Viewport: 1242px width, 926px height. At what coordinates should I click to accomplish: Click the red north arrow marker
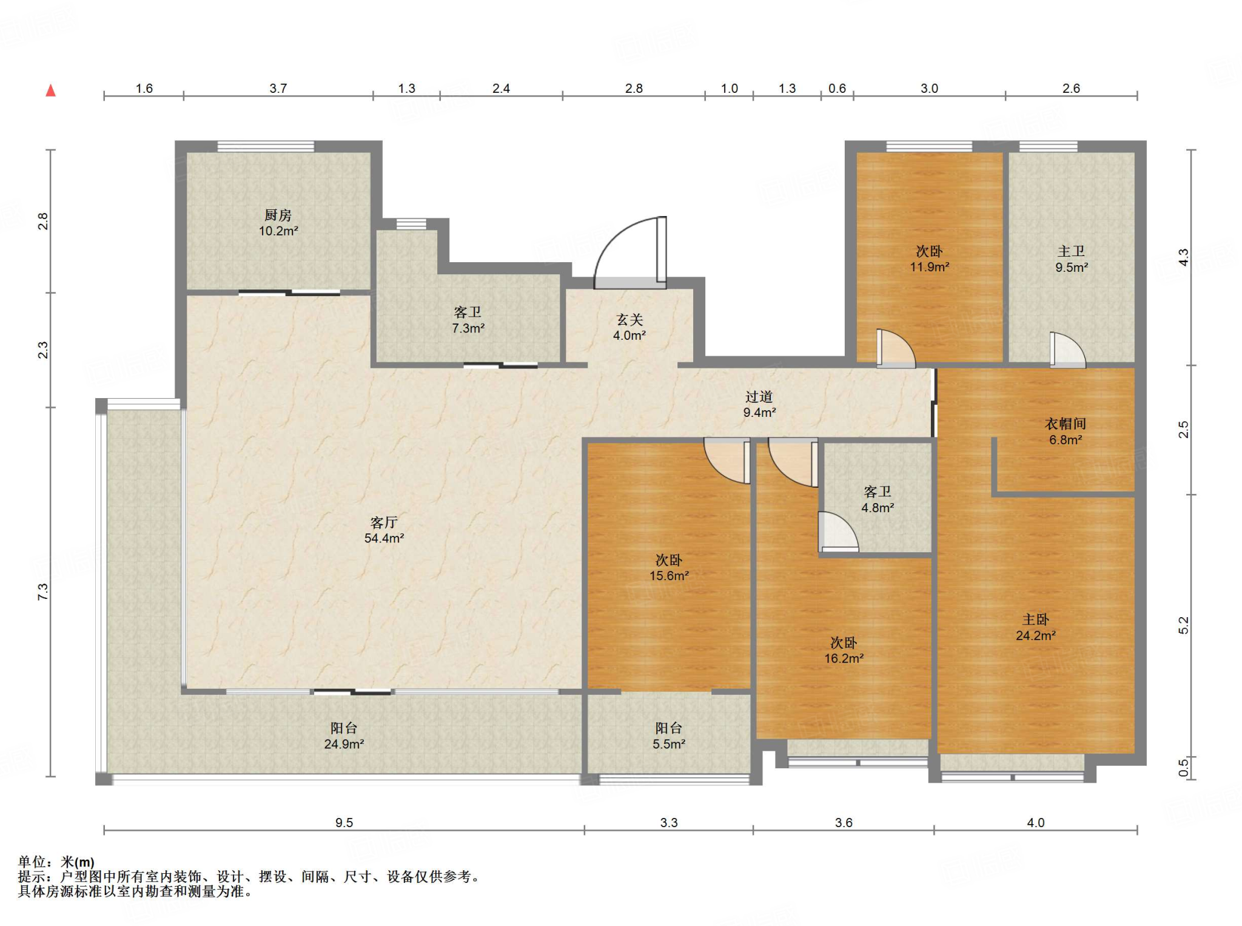click(51, 90)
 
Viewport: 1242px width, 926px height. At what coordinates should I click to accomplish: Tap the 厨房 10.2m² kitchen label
click(278, 223)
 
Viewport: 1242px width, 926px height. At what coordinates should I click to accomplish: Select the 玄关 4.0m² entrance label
click(629, 327)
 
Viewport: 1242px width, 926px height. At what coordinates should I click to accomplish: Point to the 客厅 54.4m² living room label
click(384, 530)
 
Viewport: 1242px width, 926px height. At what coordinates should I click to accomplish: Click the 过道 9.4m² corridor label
click(759, 404)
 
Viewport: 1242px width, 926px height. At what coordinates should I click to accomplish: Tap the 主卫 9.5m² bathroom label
click(1072, 259)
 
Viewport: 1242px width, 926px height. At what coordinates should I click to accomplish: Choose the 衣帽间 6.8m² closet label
click(1066, 431)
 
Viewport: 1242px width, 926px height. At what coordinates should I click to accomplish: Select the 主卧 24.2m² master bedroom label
click(1036, 627)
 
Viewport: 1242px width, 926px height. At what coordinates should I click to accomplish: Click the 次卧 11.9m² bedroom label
click(929, 259)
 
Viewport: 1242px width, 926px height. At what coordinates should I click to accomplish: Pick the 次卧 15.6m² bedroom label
click(669, 567)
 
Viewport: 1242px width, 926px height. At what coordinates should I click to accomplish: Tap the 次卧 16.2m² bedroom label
click(844, 650)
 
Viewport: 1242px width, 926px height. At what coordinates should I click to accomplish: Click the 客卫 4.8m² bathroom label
click(878, 499)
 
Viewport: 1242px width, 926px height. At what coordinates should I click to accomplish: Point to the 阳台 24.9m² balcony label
click(344, 735)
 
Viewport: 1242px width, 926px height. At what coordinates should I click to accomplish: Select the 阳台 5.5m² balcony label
click(669, 735)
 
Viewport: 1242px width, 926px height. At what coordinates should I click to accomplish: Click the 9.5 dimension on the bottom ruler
click(344, 822)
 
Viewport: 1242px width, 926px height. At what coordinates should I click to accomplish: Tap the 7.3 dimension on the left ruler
click(42, 592)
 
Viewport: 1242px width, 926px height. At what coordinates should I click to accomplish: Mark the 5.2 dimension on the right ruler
click(1184, 625)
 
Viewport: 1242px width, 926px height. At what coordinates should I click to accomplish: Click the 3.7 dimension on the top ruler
click(278, 88)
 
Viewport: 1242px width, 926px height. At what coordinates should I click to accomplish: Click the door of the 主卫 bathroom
click(1067, 350)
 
